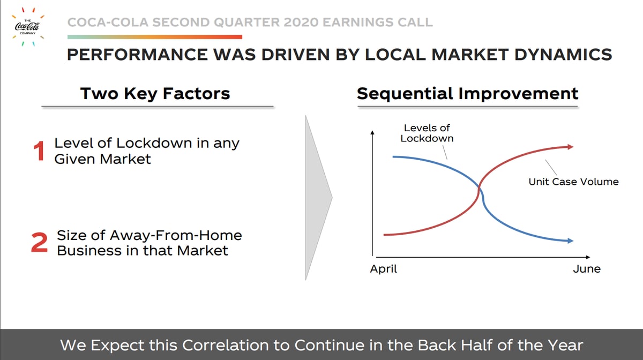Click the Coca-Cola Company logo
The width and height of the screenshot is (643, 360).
point(27,27)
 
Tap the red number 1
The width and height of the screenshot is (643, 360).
point(39,151)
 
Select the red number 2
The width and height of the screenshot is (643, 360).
point(39,243)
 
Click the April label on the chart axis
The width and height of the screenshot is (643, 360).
point(384,269)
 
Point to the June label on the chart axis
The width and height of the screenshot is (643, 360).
point(587,269)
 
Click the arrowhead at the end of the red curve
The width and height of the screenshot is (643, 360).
point(570,147)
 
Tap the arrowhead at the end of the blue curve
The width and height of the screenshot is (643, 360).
point(570,241)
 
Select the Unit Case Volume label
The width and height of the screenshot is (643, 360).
point(573,182)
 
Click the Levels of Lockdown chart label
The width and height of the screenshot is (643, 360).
point(427,133)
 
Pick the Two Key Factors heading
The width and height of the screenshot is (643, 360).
point(155,94)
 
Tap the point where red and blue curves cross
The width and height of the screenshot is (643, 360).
point(479,188)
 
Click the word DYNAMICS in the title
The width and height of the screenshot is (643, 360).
point(563,55)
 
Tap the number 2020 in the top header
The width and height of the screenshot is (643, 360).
point(301,22)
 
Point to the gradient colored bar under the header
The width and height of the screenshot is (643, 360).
point(155,37)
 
